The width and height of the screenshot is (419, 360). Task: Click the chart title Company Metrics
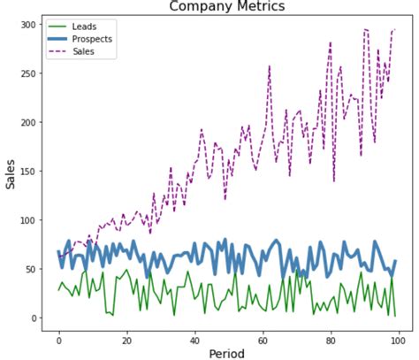coord(227,7)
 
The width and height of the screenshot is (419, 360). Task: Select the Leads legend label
coord(85,27)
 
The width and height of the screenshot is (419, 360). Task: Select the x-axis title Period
coord(226,353)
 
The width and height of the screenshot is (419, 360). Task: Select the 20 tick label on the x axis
coord(126,337)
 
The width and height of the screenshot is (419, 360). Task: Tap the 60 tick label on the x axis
coord(262,337)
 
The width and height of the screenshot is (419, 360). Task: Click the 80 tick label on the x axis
coord(330,337)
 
